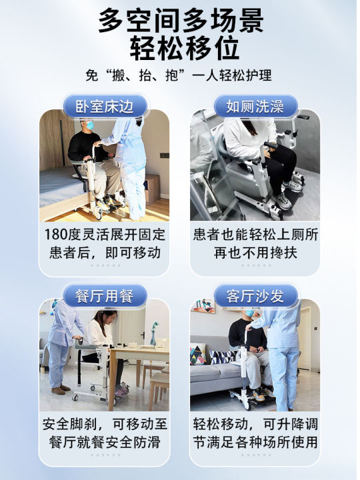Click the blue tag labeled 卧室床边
[105, 107]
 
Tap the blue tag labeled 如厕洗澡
[255, 107]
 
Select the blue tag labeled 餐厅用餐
[105, 297]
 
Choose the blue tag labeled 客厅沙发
[255, 297]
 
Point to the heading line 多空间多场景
[180, 20]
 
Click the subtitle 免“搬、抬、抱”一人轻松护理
[180, 76]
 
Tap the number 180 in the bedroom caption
[57, 235]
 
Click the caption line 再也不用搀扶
[255, 253]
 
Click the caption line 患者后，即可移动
[105, 253]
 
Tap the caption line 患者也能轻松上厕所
[255, 235]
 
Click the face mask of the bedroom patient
[89, 125]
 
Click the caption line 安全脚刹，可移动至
[105, 424]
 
